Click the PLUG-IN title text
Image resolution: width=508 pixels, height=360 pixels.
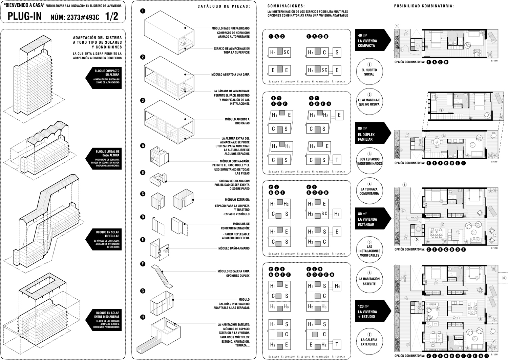pos(25,16)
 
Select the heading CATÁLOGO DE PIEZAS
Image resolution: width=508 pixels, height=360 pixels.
pos(224,6)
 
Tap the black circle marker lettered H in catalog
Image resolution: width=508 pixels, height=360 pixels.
pos(143,317)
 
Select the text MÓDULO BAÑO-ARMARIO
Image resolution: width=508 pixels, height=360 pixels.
pos(234,248)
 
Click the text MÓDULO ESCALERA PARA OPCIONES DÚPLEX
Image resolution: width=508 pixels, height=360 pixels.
pos(233,273)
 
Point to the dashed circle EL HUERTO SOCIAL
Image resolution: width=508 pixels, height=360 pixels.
pos(369,72)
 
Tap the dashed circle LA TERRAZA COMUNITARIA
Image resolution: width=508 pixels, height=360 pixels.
pos(369,191)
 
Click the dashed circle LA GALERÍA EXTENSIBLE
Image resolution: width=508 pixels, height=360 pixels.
pos(369,341)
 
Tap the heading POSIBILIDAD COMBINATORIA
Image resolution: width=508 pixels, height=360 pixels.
pos(424,6)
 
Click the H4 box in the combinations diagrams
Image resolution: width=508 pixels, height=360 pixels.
pos(337,286)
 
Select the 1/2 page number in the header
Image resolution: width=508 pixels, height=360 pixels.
pos(111,16)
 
